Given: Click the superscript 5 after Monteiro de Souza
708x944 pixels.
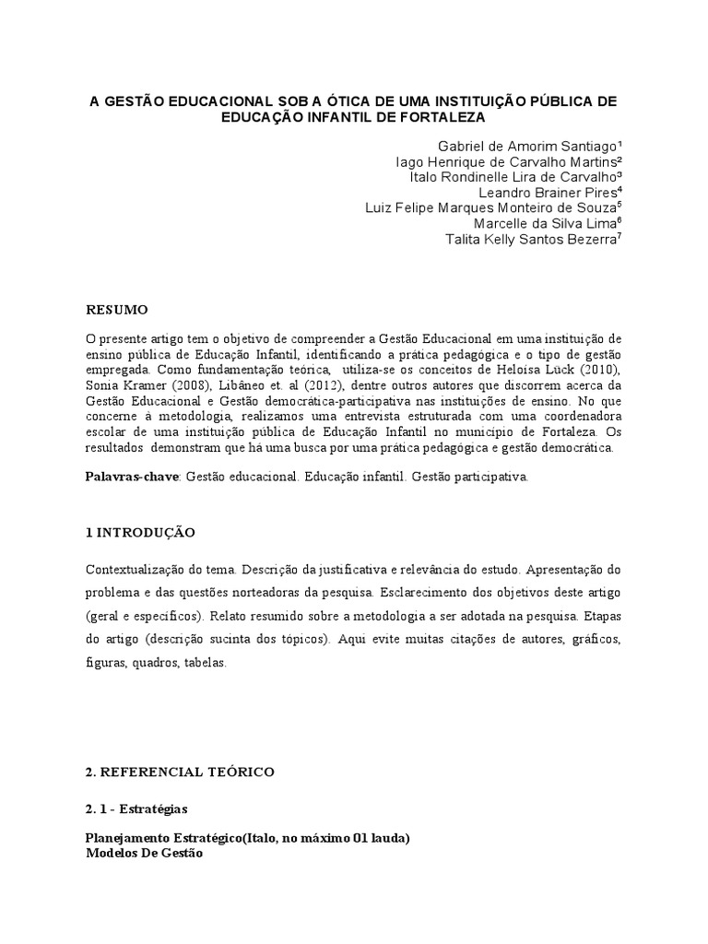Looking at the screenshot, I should pyautogui.click(x=619, y=205).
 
